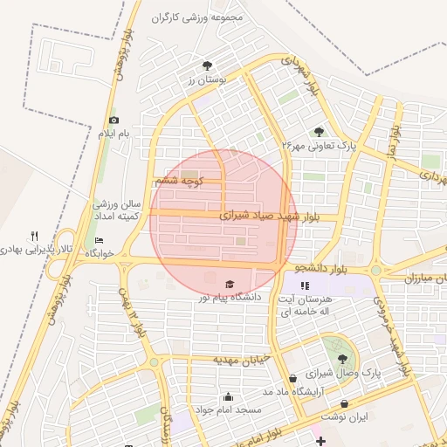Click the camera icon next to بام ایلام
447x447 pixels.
(113, 120)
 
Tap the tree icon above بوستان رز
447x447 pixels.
(207, 65)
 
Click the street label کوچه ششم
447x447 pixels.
(179, 181)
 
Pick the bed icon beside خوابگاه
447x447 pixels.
(99, 240)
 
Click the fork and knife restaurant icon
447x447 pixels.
(35, 236)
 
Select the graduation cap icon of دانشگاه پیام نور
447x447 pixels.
(230, 284)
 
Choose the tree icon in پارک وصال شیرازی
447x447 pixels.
(341, 357)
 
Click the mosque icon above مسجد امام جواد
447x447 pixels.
(228, 396)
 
